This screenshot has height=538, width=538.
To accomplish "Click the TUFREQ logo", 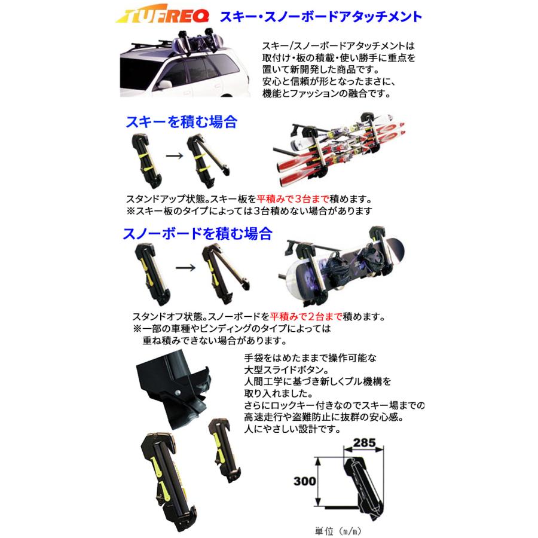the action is (162, 14).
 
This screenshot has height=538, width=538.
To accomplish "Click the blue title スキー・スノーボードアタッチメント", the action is (321, 17).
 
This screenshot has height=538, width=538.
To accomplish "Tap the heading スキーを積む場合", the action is (182, 122).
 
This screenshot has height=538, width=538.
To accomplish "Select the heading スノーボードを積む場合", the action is (198, 233).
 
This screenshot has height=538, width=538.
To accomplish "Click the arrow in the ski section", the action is (175, 156).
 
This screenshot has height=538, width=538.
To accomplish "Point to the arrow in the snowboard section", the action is (185, 267).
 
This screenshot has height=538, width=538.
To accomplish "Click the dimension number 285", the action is (365, 442).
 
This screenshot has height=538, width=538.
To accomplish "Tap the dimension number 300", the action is (305, 481).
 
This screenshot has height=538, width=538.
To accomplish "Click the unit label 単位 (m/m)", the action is (338, 531).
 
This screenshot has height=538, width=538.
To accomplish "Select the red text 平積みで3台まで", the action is (293, 199).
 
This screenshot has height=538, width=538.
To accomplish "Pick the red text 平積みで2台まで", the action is (306, 316).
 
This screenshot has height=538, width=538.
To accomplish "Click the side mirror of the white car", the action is (164, 84).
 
